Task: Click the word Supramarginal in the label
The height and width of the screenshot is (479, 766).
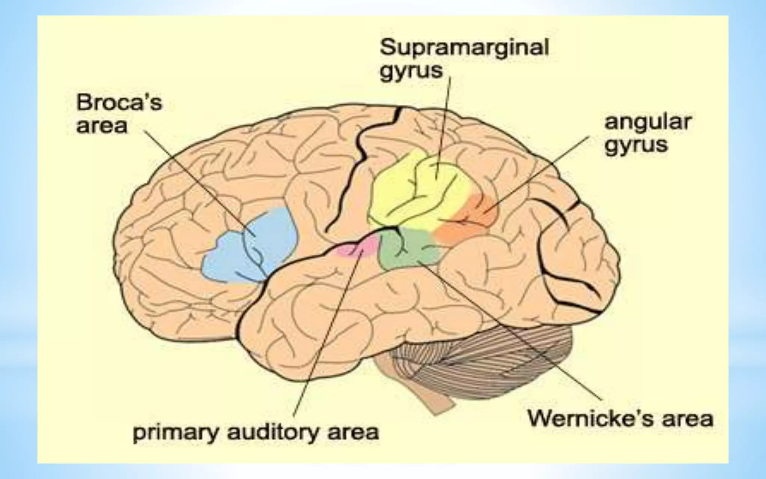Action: [464, 48]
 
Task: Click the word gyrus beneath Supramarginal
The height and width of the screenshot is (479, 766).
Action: [411, 71]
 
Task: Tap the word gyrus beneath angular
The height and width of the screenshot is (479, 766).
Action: [636, 145]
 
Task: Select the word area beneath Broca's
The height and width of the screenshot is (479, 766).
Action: [102, 126]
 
